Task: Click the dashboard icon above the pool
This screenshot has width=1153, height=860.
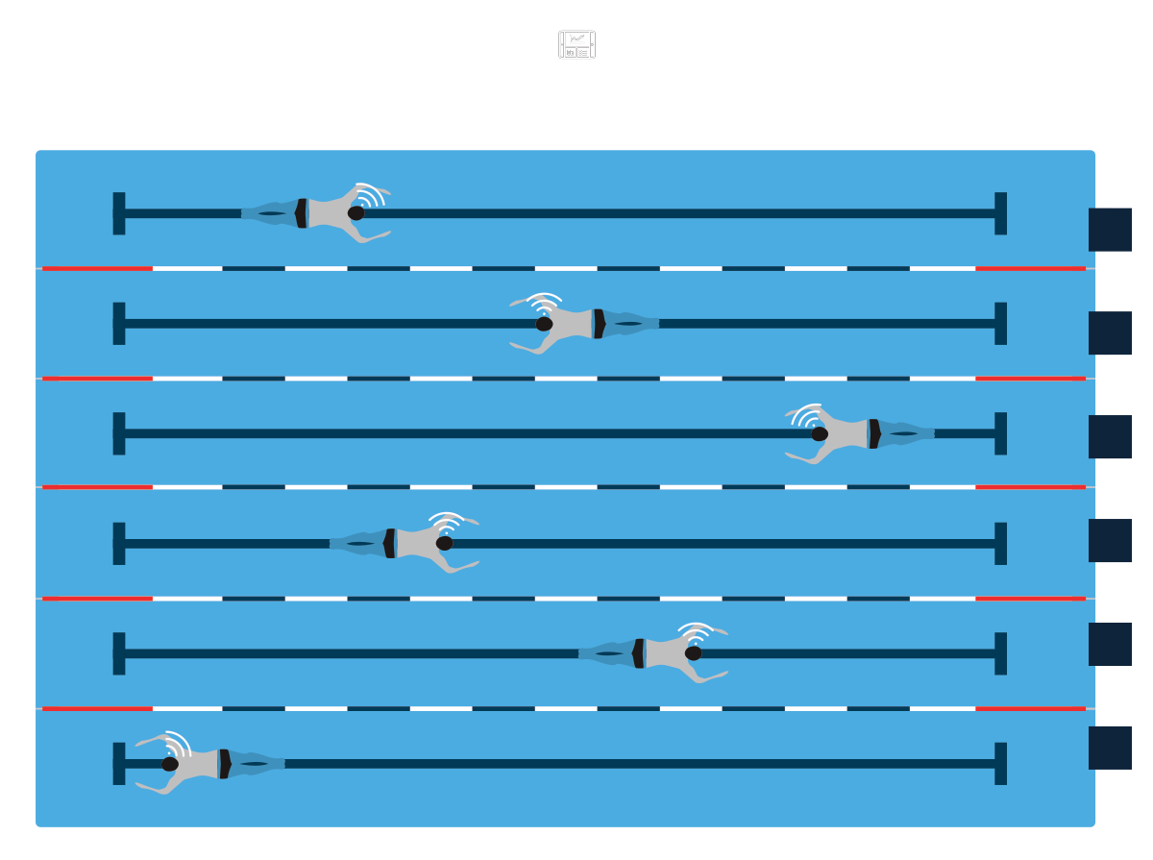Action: click(577, 45)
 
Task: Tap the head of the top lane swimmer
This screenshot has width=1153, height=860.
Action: click(356, 213)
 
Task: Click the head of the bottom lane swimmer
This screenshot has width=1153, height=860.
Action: click(170, 764)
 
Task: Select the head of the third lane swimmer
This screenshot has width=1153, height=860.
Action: click(820, 433)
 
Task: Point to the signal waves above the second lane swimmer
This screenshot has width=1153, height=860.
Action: click(545, 302)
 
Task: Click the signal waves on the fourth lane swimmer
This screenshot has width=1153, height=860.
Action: click(446, 522)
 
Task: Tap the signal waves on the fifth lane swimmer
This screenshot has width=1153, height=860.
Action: click(695, 632)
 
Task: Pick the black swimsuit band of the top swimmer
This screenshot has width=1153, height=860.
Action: click(302, 213)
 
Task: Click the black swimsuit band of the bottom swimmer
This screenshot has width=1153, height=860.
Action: click(224, 764)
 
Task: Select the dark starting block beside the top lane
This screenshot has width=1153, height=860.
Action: click(1110, 230)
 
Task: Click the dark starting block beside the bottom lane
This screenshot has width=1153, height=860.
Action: click(1110, 748)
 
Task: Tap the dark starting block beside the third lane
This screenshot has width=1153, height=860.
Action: click(1110, 437)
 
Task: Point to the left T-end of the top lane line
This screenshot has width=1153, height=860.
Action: click(119, 213)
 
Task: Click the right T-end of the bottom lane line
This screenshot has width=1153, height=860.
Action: click(1000, 764)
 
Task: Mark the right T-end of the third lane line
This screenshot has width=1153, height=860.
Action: click(1000, 433)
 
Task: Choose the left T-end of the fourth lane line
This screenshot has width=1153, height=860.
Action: click(119, 544)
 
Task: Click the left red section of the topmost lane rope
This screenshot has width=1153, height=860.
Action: click(97, 268)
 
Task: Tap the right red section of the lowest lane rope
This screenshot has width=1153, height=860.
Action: click(1030, 709)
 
